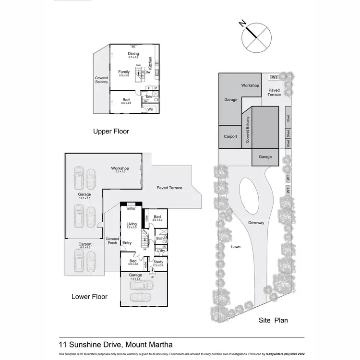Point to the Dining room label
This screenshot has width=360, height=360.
click(x=133, y=55)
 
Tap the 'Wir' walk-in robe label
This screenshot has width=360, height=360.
click(x=150, y=109)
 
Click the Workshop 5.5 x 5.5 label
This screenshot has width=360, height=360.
click(x=120, y=169)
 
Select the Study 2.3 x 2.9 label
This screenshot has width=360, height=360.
click(x=158, y=263)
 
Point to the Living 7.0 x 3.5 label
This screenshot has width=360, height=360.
click(x=132, y=226)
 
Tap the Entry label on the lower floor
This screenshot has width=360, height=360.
click(x=127, y=243)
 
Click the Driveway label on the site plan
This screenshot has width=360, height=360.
click(x=256, y=223)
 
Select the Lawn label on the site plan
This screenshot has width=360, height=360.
click(x=235, y=247)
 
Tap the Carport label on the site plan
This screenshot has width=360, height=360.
click(x=230, y=136)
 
